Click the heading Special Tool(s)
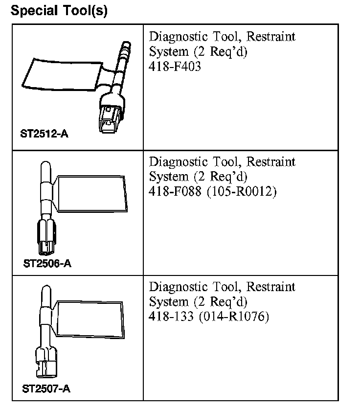point(59,10)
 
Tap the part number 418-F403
point(175,67)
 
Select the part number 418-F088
point(176,192)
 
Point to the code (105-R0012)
point(242,192)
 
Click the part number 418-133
point(172,317)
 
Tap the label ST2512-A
point(44,134)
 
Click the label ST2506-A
point(47,264)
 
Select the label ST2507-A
point(46,389)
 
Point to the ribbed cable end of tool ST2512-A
point(125,49)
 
